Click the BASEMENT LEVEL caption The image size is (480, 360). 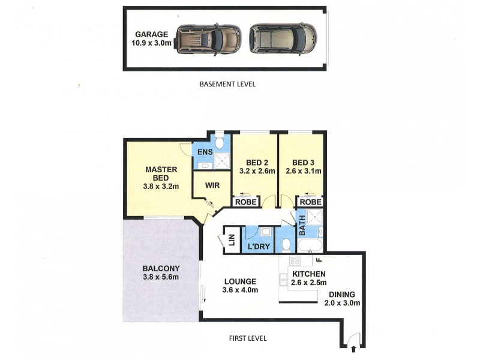pyautogui.click(x=227, y=85)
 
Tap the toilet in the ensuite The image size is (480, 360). pyautogui.click(x=220, y=143)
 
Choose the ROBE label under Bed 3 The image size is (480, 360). pyautogui.click(x=310, y=202)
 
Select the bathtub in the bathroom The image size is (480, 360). pyautogui.click(x=310, y=246)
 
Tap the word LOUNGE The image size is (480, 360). pyautogui.click(x=240, y=281)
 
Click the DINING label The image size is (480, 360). pyautogui.click(x=341, y=295)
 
